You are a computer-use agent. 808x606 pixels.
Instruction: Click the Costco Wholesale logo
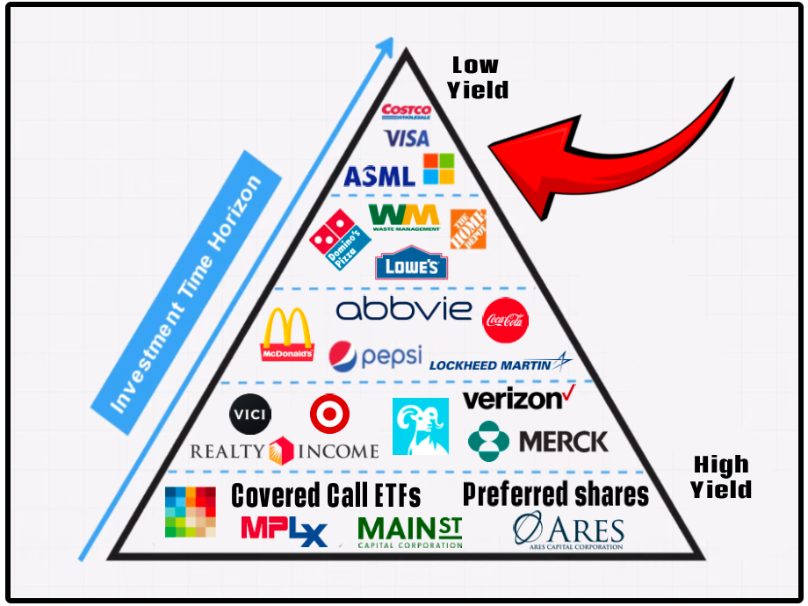coord(406,112)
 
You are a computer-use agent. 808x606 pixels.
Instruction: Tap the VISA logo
coord(407,138)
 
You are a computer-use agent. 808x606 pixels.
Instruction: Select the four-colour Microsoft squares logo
coord(439,169)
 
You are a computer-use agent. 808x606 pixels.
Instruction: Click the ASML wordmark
coord(379,176)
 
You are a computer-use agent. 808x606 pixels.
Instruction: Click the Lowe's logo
coord(411,264)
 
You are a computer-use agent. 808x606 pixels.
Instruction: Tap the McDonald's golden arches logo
coord(287,335)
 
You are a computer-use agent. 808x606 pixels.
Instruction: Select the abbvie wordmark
coord(404,309)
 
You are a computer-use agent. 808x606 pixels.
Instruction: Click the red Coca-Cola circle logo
coord(505,320)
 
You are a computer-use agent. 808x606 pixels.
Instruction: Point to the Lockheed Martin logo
coord(501,363)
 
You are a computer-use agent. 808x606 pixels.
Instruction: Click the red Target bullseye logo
coord(329,414)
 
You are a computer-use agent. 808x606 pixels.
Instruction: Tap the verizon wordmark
coord(519,399)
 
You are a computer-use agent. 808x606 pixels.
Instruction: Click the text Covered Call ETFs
coord(326,495)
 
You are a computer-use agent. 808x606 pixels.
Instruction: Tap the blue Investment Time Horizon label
coord(185,290)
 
